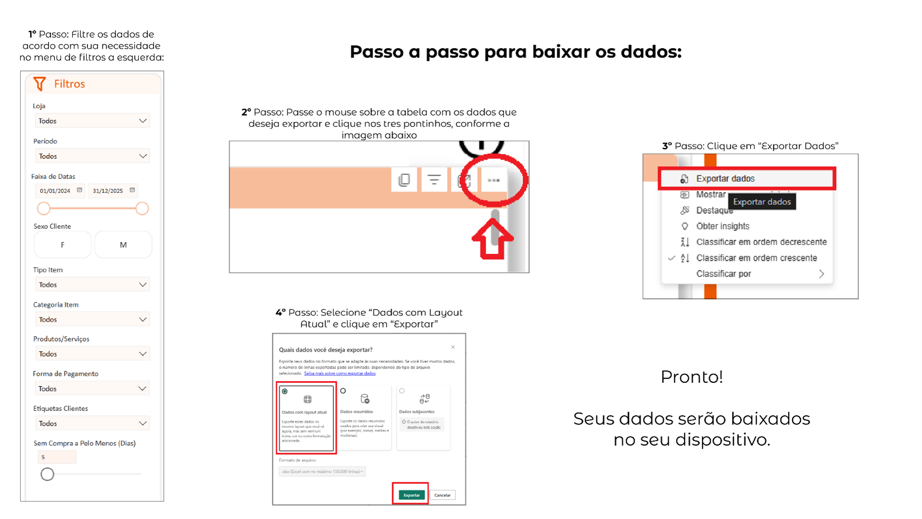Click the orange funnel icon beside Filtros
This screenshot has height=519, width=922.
(x=39, y=84)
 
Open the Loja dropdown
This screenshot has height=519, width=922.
(x=92, y=121)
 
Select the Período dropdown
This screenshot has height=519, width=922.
(x=92, y=156)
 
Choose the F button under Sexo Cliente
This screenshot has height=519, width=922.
(x=63, y=245)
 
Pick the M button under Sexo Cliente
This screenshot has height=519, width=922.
(x=123, y=245)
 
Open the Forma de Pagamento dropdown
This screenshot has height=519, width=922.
(x=92, y=389)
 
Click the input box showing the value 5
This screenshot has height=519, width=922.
(x=57, y=457)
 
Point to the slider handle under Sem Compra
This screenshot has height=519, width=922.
(x=48, y=474)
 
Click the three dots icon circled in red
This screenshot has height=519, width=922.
(x=493, y=180)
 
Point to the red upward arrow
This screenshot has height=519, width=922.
(x=492, y=239)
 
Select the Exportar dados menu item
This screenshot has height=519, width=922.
(x=725, y=179)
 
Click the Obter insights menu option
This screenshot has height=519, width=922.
(x=723, y=226)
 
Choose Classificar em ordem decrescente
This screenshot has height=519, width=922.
(x=761, y=242)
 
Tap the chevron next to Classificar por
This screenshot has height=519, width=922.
(x=821, y=274)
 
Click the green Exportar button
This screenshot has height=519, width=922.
(x=411, y=495)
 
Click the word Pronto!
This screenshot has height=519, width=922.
(x=692, y=377)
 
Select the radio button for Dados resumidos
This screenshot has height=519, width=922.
(x=343, y=391)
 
